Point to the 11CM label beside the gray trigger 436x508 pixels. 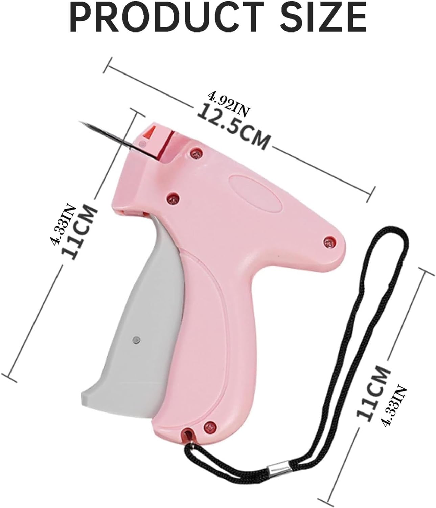80,232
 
